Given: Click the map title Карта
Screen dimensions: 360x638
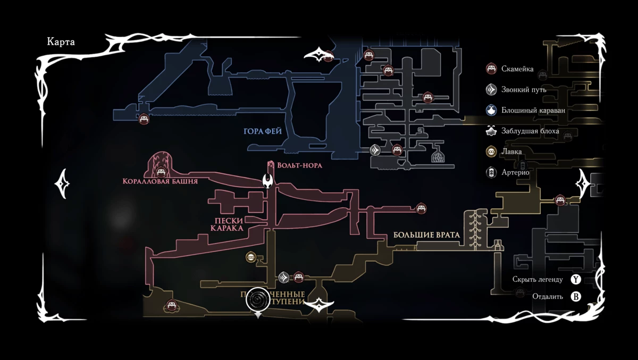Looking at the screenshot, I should (61, 43).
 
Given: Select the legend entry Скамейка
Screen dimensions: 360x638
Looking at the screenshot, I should (517, 69).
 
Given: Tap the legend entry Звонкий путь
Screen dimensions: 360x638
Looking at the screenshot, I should (524, 90).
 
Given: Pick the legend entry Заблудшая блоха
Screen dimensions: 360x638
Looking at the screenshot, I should (530, 131).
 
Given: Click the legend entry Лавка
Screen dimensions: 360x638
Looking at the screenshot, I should (511, 152).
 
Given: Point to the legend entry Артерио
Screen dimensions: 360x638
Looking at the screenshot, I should (515, 172).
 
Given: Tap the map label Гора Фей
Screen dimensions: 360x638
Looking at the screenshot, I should (263, 131).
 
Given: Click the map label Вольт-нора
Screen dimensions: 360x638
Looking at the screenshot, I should (299, 165).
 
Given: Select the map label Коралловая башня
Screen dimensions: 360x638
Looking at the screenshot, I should (160, 181).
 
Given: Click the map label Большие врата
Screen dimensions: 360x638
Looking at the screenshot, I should (426, 235).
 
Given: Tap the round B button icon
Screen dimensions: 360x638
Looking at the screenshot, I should (576, 297).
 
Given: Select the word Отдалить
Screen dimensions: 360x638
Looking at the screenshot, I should (547, 297).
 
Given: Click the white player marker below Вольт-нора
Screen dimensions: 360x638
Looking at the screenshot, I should (268, 181).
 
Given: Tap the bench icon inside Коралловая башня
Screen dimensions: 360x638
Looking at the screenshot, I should (161, 171).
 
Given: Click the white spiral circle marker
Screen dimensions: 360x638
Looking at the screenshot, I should (258, 300).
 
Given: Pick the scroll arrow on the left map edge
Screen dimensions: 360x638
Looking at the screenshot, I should (62, 183).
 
